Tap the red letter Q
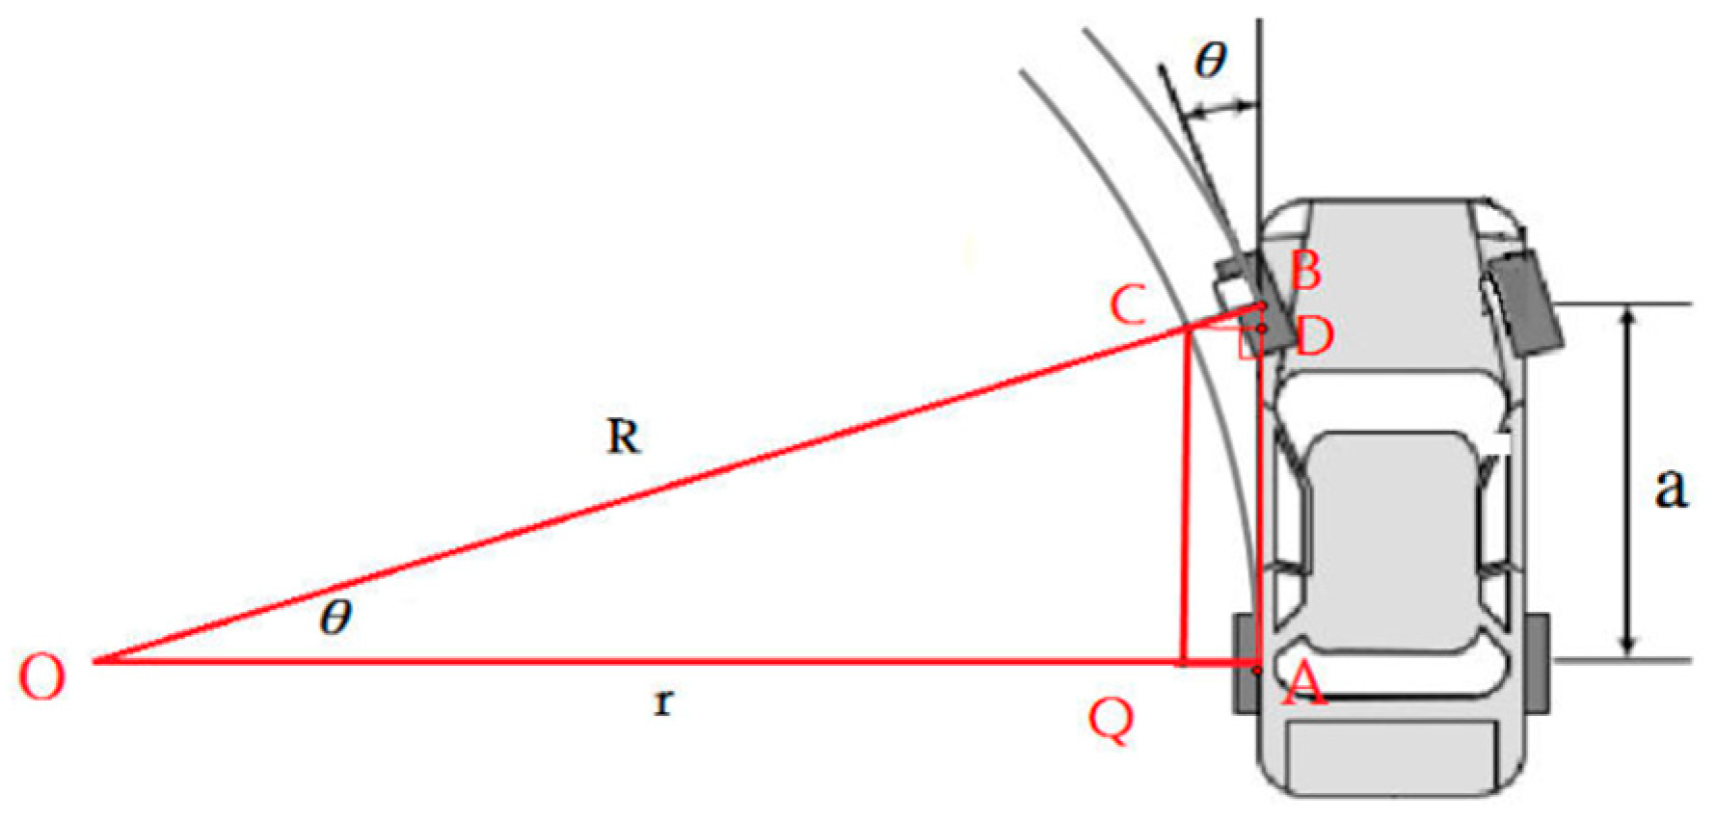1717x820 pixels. tap(1111, 719)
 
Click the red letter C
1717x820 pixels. tap(1128, 305)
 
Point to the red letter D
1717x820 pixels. tap(1314, 337)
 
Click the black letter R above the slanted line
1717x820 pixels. tap(623, 437)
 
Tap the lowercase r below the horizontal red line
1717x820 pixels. tap(662, 702)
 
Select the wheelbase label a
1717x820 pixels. tap(1670, 487)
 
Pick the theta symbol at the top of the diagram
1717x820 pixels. tap(1210, 61)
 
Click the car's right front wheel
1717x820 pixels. tap(1525, 302)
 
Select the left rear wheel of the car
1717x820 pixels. tap(1245, 664)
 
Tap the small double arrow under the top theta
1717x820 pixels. tap(1220, 110)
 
